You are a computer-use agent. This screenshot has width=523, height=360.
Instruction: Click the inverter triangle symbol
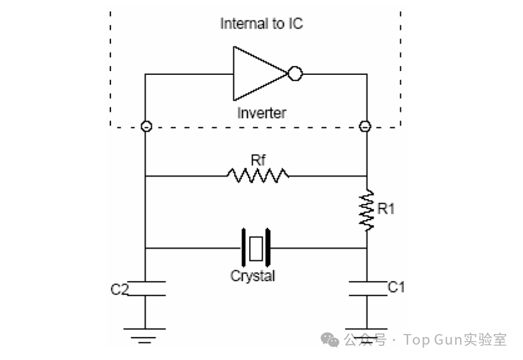coord(257,74)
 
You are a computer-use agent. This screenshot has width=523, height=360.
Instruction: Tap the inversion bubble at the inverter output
coord(295,74)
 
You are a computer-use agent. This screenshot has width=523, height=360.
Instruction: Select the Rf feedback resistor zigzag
coord(257,175)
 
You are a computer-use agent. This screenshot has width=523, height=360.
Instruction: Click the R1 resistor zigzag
coord(367,210)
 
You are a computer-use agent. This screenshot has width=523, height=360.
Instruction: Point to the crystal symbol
coord(255,248)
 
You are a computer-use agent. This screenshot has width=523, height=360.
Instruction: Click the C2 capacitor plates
coord(145,289)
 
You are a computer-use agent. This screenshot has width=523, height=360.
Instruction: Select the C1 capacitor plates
coord(367,289)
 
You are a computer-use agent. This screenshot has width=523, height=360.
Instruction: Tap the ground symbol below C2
coord(145,334)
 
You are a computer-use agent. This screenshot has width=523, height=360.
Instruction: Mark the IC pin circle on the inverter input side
coord(145,126)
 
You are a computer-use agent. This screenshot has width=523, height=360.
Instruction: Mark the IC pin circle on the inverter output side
coord(365,126)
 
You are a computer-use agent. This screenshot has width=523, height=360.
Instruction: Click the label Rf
coord(258,160)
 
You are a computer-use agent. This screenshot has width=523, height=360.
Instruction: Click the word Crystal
coord(253,276)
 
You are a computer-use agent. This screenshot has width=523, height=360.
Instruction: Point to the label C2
coord(120,290)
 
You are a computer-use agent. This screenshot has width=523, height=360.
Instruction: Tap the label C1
coord(396,287)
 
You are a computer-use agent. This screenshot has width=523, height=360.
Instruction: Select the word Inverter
coord(261,113)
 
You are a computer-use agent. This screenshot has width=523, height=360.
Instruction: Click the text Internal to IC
coord(261,24)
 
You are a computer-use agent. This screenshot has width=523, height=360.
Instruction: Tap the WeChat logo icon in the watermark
coord(329,339)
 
